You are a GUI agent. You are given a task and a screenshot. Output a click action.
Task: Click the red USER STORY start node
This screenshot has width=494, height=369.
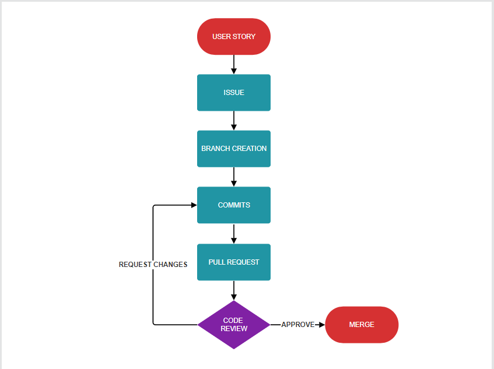[233, 36]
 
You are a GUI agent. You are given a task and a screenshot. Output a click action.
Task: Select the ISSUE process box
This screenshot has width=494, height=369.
[233, 93]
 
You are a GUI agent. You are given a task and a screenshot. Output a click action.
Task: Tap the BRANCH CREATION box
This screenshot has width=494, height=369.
[233, 149]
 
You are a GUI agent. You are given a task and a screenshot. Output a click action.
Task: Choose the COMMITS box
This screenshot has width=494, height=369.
[233, 205]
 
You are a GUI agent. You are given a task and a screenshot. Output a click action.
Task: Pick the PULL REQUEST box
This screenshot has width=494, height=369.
[233, 262]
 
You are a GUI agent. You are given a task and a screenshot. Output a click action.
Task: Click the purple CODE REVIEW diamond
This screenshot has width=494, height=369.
[233, 325]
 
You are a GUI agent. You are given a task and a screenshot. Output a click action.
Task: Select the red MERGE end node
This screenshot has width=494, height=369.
[362, 325]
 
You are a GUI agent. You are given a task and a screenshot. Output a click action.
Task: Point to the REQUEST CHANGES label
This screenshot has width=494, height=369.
[153, 265]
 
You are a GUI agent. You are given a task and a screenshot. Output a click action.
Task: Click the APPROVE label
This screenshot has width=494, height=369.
[298, 325]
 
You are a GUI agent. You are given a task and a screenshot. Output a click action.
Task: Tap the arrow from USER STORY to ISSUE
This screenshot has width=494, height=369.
[234, 64]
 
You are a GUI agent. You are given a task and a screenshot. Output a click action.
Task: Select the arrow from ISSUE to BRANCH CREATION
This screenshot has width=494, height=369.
[234, 121]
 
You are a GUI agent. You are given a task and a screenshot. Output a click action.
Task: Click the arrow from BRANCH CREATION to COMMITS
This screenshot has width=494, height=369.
[234, 177]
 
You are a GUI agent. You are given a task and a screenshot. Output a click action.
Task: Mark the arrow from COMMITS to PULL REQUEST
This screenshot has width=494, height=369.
[234, 233]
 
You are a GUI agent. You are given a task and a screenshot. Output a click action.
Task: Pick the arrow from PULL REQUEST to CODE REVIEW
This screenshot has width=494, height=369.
[234, 290]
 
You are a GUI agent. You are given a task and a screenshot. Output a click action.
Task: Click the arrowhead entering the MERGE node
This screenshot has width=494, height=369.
[320, 325]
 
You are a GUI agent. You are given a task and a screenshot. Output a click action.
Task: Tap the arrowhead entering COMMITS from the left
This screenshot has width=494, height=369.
[194, 205]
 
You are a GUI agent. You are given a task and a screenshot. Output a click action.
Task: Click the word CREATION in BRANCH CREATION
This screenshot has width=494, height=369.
[249, 149]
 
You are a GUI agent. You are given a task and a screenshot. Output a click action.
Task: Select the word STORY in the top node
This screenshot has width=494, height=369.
[244, 37]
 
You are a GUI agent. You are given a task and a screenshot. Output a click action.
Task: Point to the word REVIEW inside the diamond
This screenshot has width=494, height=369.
[234, 329]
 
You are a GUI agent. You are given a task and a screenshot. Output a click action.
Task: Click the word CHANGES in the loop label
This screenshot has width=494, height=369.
[170, 265]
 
